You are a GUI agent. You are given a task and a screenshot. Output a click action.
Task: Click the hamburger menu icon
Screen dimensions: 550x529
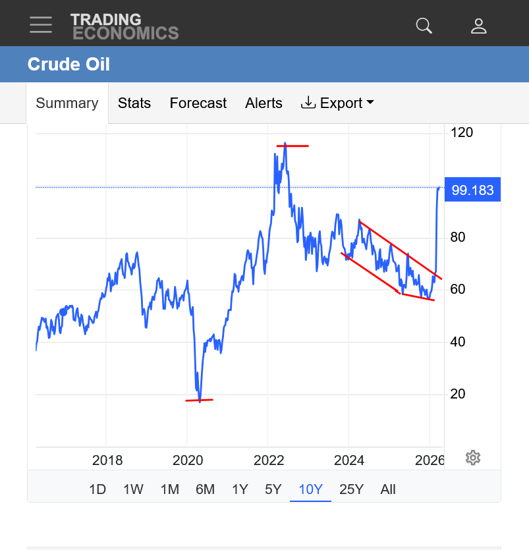click(41, 25)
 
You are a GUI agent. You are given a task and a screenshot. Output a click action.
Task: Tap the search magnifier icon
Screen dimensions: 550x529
click(424, 26)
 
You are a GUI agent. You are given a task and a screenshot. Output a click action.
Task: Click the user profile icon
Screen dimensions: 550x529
click(479, 26)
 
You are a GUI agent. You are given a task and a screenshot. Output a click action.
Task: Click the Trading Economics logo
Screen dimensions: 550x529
click(125, 26)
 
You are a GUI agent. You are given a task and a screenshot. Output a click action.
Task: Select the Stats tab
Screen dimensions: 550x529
click(134, 103)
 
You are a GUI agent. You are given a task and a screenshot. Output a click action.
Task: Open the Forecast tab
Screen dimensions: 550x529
click(198, 103)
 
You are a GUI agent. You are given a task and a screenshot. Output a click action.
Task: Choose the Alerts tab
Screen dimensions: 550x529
click(264, 103)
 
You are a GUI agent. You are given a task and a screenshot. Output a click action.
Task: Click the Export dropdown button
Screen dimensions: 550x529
click(337, 103)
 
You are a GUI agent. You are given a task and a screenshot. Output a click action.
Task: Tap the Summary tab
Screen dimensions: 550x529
click(67, 103)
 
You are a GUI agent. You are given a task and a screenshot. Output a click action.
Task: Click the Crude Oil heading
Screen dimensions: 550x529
click(69, 65)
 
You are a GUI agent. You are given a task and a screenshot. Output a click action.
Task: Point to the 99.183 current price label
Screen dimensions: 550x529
click(472, 190)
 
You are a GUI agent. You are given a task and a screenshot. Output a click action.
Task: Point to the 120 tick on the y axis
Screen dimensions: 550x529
click(462, 132)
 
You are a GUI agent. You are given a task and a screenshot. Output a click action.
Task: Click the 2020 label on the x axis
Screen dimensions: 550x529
click(188, 460)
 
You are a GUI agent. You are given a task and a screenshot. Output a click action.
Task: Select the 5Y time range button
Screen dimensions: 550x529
click(273, 489)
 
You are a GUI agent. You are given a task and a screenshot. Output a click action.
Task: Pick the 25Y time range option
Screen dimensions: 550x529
click(351, 489)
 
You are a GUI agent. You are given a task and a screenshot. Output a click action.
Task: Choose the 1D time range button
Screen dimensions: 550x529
click(97, 489)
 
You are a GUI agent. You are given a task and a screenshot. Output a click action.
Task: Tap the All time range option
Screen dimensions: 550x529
click(388, 489)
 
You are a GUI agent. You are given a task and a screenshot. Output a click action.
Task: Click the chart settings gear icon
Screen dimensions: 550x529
click(472, 458)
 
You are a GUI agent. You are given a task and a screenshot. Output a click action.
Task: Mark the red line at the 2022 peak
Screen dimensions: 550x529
click(292, 146)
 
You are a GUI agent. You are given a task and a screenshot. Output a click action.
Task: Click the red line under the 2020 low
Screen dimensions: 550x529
click(199, 400)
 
